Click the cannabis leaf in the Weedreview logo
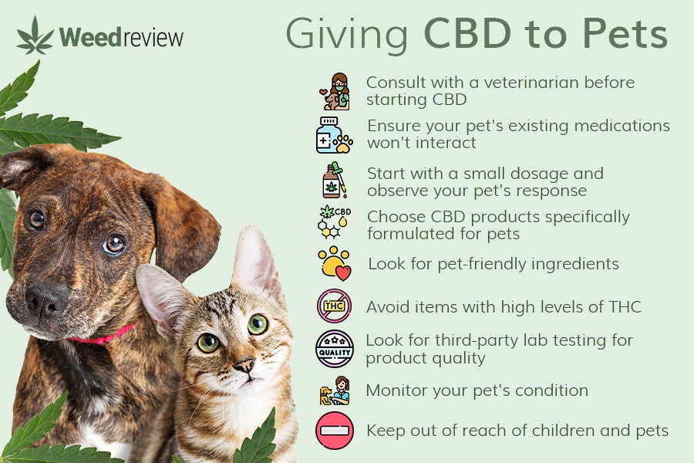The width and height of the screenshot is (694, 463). point(35,36)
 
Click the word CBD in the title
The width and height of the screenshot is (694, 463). point(467,33)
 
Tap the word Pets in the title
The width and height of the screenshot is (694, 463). point(625,33)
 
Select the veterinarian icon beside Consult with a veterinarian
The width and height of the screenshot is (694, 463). point(335,92)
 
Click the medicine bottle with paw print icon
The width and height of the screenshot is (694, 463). point(334,135)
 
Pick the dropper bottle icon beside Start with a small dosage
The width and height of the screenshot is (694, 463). point(335,180)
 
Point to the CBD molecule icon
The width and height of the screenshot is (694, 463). point(334,221)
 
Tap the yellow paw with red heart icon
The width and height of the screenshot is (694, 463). point(334,263)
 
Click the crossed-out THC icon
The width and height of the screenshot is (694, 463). point(334,306)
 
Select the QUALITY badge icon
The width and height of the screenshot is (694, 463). point(335,349)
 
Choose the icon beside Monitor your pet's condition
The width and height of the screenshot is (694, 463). point(335,390)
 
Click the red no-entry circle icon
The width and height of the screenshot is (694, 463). point(335,431)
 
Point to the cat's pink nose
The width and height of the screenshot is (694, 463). point(244,366)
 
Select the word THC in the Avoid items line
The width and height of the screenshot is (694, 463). point(625,306)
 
